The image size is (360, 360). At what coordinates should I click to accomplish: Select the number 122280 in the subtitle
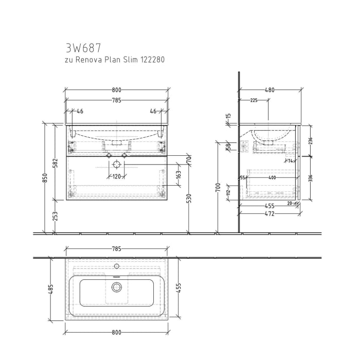tap(150, 60)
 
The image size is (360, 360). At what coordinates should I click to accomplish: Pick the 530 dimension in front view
tap(189, 198)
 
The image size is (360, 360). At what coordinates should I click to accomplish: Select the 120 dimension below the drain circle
tap(117, 176)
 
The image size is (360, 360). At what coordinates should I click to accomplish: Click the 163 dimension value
tap(178, 175)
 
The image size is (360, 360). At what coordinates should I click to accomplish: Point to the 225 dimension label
tap(254, 101)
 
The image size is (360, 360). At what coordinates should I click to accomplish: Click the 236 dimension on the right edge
tap(310, 140)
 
